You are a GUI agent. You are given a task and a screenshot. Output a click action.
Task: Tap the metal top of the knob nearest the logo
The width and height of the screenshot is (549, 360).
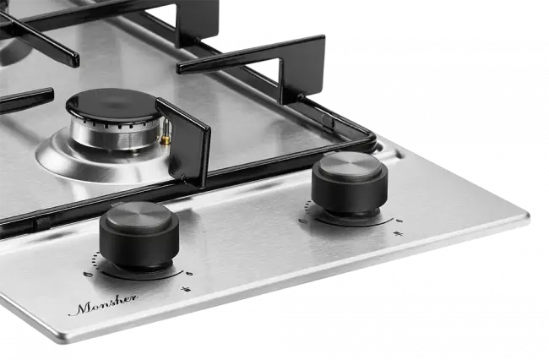[139, 215]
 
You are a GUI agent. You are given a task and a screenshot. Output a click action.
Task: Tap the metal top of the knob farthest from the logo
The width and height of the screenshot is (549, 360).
[351, 165]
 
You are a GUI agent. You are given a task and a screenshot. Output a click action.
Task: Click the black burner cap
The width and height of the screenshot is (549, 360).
[114, 105]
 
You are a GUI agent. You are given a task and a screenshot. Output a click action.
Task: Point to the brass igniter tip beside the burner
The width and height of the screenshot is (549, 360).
[166, 140]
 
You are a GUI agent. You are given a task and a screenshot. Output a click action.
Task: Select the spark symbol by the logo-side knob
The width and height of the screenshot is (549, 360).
[186, 289]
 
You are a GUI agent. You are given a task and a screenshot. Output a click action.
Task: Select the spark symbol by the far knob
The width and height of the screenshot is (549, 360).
[398, 233]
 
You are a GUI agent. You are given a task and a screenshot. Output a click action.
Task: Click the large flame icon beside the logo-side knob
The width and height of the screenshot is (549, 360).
[88, 274]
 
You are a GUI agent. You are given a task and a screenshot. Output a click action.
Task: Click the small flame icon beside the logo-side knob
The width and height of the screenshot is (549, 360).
[189, 273]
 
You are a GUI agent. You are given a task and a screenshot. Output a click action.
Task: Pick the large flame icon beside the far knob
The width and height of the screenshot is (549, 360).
[303, 221]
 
